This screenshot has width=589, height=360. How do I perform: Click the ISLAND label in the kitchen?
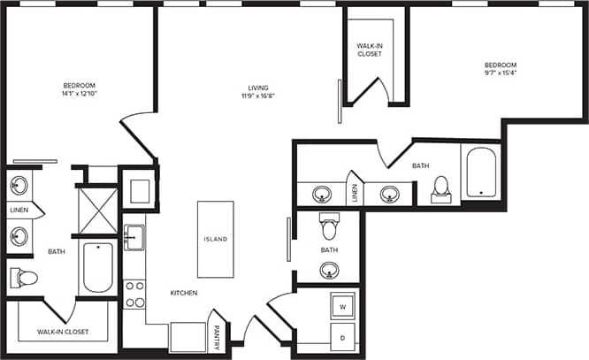(x=216, y=240)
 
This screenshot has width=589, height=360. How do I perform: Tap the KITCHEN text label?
(x=184, y=293)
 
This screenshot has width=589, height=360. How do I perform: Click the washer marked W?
(x=343, y=307)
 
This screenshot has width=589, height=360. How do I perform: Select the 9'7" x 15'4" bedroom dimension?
(x=501, y=73)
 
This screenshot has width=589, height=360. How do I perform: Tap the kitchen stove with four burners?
(x=134, y=294)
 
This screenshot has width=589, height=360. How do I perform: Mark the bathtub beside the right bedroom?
(x=480, y=172)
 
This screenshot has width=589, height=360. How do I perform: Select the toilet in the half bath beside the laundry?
(x=330, y=228)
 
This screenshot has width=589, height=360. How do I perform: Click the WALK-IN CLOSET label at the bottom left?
(x=63, y=333)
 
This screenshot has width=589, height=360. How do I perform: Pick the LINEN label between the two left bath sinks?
(x=19, y=211)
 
